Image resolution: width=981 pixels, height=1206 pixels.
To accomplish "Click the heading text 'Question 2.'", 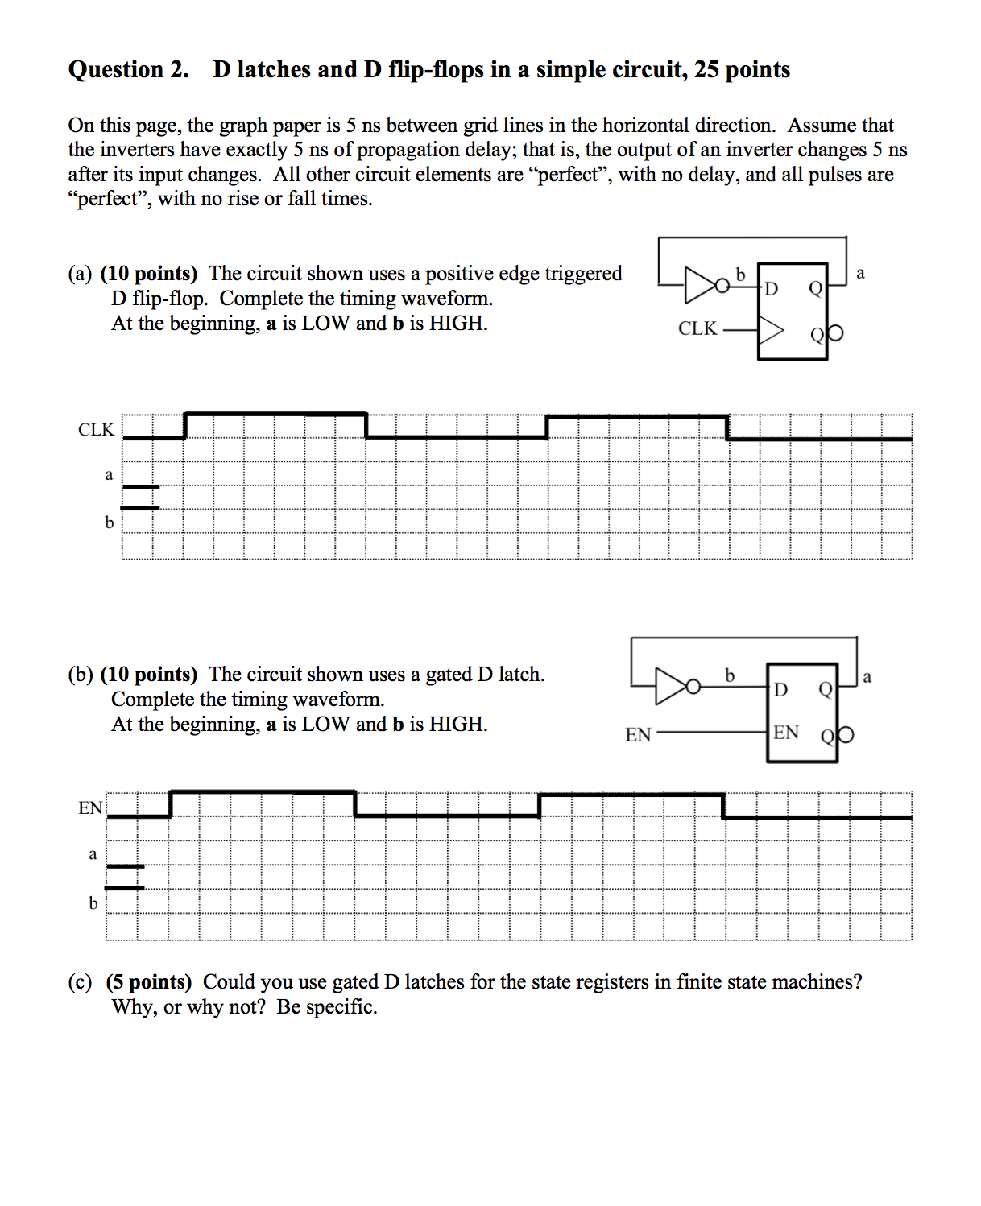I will pos(128,70).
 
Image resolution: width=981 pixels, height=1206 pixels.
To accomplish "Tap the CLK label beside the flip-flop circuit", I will pos(697,328).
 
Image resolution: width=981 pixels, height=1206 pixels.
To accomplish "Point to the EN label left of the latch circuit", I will pos(638,734).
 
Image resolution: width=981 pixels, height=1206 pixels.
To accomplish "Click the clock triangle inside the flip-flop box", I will pos(770,330).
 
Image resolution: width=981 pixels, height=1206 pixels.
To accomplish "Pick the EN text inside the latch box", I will pos(786,733).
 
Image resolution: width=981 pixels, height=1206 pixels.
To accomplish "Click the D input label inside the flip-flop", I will pos(771,288).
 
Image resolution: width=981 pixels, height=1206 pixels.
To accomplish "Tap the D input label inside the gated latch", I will pos(780,689).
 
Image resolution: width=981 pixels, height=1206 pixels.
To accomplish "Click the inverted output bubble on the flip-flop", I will pos(835,332).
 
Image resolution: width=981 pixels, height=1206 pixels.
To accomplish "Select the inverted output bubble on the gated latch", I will pos(845,735).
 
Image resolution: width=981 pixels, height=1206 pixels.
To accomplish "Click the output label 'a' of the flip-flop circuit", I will pos(860,274).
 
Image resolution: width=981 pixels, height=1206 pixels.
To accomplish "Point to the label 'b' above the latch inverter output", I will pos(730,675).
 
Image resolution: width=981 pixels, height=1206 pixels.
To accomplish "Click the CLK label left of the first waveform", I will pos(96,430).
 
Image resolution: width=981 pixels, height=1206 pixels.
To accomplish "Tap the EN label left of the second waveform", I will pos(90,808).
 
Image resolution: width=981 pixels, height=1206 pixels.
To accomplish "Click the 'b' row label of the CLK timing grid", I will pos(109,522).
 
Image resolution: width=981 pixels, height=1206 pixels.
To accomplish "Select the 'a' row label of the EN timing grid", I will pos(93,853).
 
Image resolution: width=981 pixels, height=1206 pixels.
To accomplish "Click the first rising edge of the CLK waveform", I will pos(184,426).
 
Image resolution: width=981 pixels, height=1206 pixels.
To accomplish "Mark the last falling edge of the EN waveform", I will pos(723,806).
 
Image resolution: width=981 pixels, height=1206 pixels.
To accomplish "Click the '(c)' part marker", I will pos(80,982).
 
